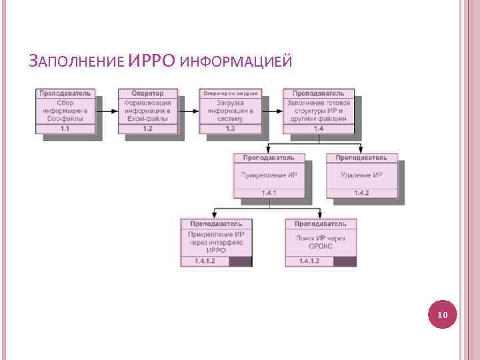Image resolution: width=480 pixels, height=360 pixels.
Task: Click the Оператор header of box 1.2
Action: click(x=147, y=93)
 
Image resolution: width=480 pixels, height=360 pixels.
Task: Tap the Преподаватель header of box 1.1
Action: click(x=65, y=93)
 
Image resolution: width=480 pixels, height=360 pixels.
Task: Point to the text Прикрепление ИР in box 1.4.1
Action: click(x=269, y=175)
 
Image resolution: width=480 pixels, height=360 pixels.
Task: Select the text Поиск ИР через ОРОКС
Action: click(x=320, y=241)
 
